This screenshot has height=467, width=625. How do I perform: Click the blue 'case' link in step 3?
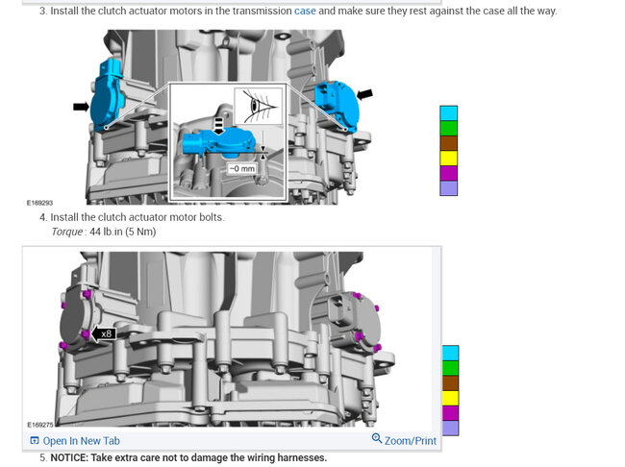click(305, 11)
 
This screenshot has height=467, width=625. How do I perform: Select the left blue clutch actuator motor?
click(107, 92)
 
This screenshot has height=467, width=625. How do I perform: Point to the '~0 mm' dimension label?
click(240, 167)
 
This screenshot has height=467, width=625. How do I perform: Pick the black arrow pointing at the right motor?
click(365, 94)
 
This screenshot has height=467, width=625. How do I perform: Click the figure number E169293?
click(39, 203)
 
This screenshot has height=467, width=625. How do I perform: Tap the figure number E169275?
click(39, 423)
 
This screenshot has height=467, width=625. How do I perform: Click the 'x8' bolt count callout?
click(107, 333)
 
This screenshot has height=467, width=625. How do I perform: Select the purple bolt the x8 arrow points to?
click(87, 334)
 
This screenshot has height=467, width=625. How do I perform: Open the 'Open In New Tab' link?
click(81, 441)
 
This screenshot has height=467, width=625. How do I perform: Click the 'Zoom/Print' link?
click(411, 441)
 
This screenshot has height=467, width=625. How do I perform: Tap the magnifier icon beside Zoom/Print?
click(377, 439)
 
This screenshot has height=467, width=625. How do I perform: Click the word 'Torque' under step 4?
click(67, 232)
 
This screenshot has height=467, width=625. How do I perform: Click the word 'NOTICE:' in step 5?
click(76, 457)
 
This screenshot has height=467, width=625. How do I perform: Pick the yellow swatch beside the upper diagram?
click(448, 158)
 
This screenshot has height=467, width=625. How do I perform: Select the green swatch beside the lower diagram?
click(450, 367)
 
